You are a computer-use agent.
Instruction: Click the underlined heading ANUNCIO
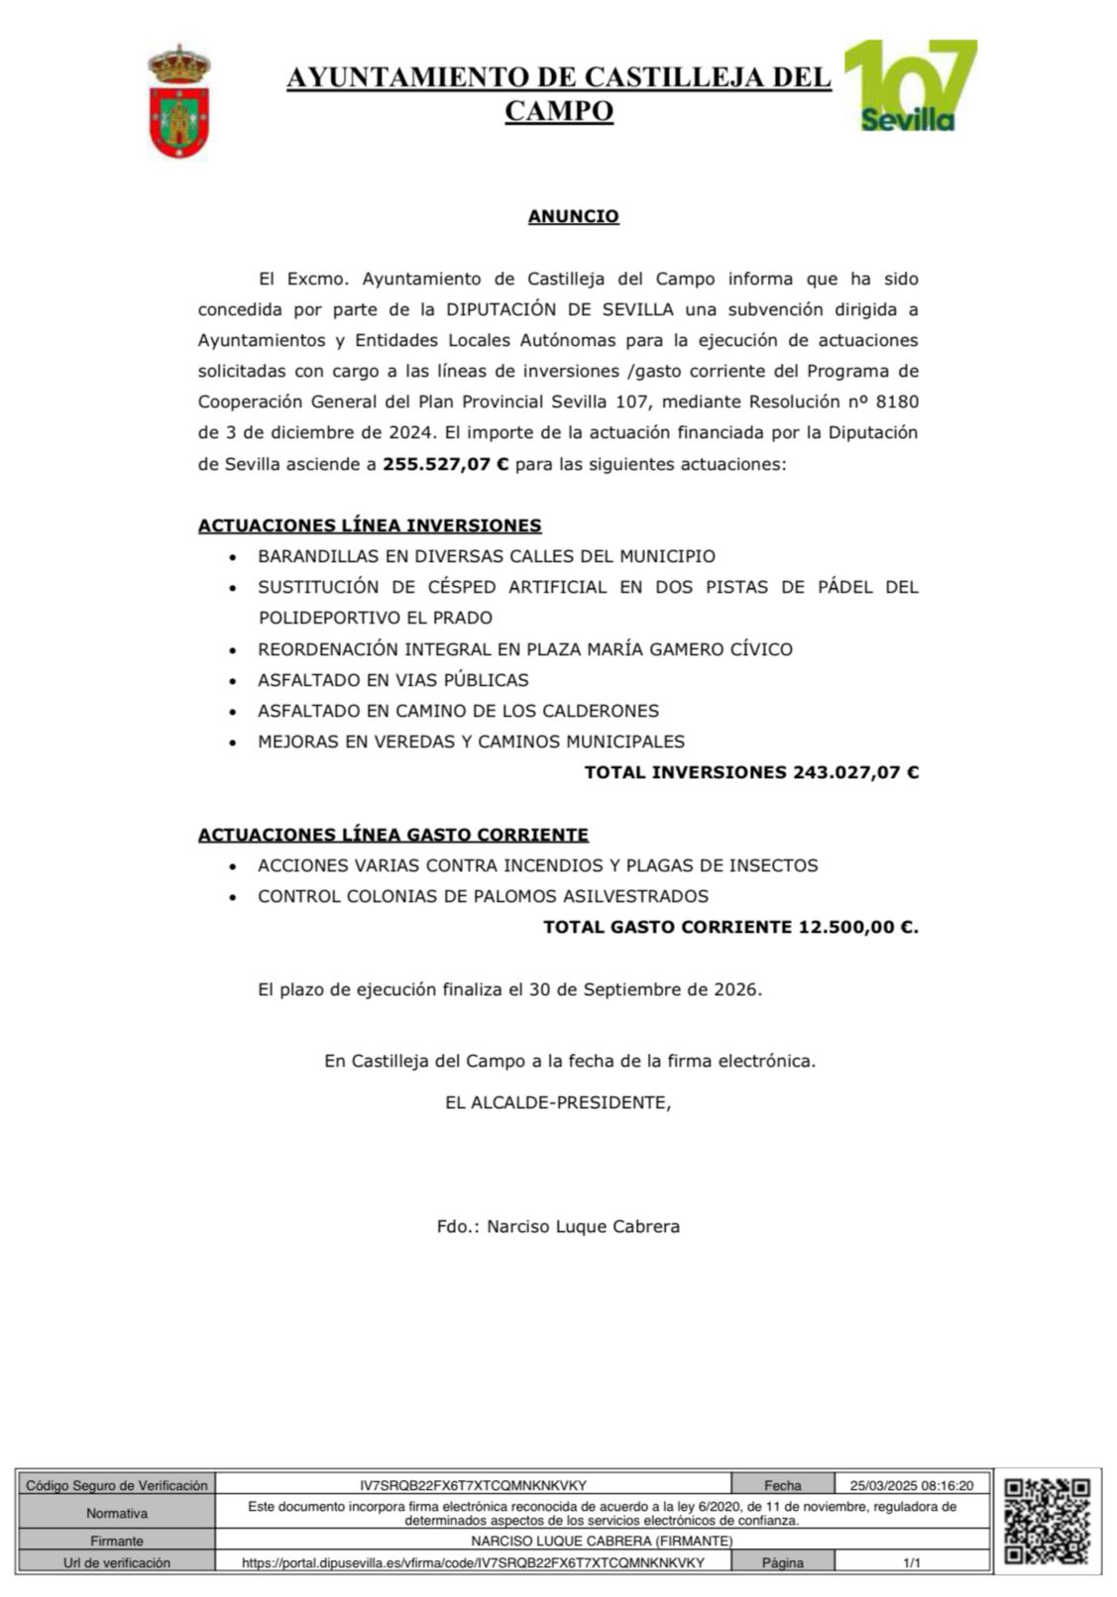pyautogui.click(x=573, y=216)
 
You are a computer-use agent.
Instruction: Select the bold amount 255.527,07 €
pyautogui.click(x=445, y=464)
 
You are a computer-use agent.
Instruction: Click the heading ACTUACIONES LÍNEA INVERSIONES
pyautogui.click(x=370, y=525)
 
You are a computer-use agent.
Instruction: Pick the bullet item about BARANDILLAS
pyautogui.click(x=486, y=556)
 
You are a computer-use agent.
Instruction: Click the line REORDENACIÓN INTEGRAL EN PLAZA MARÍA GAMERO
pyautogui.click(x=524, y=649)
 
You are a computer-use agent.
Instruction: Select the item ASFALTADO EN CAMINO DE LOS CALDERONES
pyautogui.click(x=458, y=711)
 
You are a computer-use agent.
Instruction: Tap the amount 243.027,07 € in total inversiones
pyautogui.click(x=855, y=772)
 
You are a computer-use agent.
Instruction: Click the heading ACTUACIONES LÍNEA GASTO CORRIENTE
pyautogui.click(x=392, y=835)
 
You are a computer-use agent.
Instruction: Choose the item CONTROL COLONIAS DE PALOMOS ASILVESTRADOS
pyautogui.click(x=483, y=896)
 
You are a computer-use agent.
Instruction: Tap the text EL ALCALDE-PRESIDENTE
pyautogui.click(x=557, y=1101)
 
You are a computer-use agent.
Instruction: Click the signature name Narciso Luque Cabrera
pyautogui.click(x=583, y=1226)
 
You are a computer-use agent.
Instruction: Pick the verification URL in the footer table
pyautogui.click(x=473, y=1562)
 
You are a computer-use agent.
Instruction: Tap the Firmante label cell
pyautogui.click(x=117, y=1540)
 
